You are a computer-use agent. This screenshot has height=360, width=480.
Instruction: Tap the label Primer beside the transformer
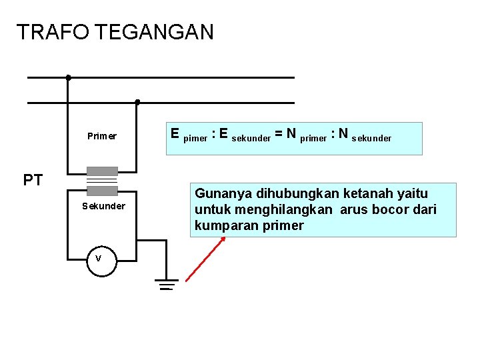102,136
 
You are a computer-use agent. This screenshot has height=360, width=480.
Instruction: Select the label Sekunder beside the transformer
103,206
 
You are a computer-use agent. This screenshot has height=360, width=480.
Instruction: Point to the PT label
33,180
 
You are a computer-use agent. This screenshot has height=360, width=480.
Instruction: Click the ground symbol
166,285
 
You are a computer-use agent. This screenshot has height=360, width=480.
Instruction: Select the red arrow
204,260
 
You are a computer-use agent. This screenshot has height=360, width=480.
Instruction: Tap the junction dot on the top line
68,77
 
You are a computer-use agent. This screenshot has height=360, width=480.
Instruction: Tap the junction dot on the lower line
137,102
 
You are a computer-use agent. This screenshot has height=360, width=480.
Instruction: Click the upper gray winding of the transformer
103,171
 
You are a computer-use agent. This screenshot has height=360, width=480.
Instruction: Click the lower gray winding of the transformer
103,191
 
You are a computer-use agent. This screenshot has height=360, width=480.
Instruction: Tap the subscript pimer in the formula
195,139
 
